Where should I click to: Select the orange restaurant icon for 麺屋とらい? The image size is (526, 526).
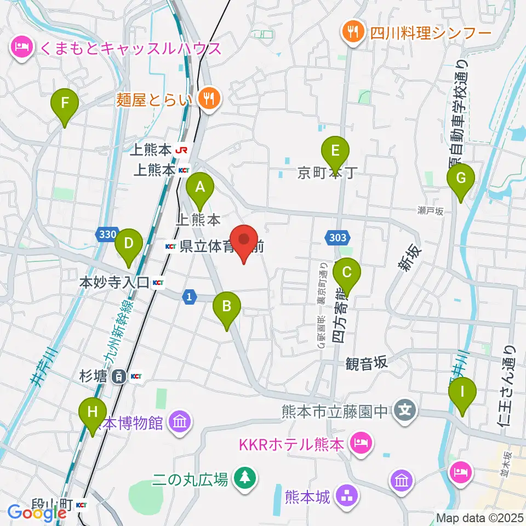pyautogui.click(x=209, y=99)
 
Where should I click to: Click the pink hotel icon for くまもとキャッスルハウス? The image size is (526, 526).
pyautogui.click(x=21, y=48)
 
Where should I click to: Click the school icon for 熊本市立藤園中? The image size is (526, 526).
pyautogui.click(x=405, y=411)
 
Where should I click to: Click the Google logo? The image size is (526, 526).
pyautogui.click(x=37, y=512)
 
